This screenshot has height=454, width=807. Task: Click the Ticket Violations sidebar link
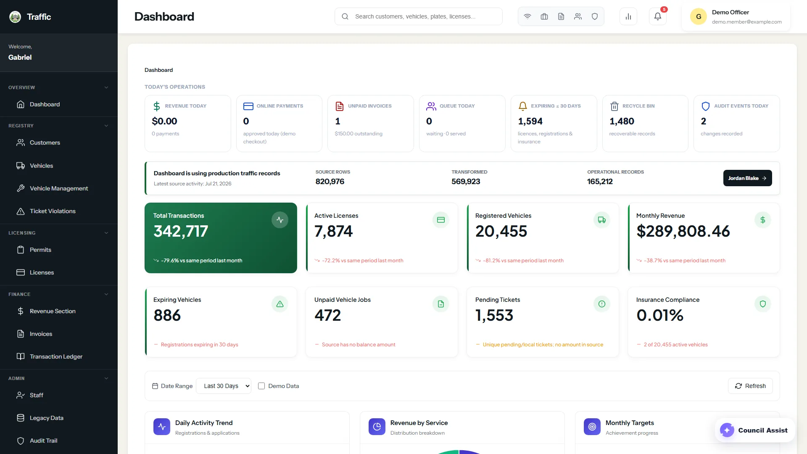53,211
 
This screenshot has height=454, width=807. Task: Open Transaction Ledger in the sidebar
56,356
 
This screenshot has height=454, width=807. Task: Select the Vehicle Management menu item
59,188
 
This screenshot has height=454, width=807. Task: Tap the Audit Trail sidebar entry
43,441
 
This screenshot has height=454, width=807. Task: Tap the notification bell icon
658,16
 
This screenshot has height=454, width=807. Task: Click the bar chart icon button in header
628,16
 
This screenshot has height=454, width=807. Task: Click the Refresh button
750,386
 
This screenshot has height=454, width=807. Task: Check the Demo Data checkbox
261,386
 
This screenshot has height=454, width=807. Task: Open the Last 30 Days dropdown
224,386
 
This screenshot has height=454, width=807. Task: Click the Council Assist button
755,430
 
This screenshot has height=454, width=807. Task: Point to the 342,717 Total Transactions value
181,231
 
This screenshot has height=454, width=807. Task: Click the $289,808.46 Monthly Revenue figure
683,231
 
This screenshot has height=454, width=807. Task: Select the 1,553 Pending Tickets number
494,315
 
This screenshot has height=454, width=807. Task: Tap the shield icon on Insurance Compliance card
763,304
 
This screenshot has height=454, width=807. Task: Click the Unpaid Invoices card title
370,106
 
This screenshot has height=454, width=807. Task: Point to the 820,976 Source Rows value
330,182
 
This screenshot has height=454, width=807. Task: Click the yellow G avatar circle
699,16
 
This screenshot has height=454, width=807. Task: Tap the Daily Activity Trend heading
204,423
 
